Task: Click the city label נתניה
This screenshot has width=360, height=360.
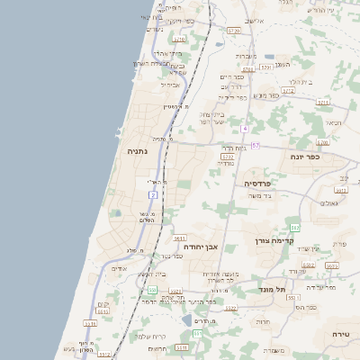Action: [138, 152]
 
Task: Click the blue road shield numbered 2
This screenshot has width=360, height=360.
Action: [154, 194]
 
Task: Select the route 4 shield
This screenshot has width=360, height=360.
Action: [244, 128]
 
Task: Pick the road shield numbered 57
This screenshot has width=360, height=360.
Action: [256, 145]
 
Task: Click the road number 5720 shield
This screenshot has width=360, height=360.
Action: [235, 31]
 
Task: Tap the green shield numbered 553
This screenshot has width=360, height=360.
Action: [197, 334]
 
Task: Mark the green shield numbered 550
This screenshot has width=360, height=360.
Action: [153, 290]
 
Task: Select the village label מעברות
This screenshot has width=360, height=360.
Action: [248, 56]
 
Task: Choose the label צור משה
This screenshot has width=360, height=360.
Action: [260, 196]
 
